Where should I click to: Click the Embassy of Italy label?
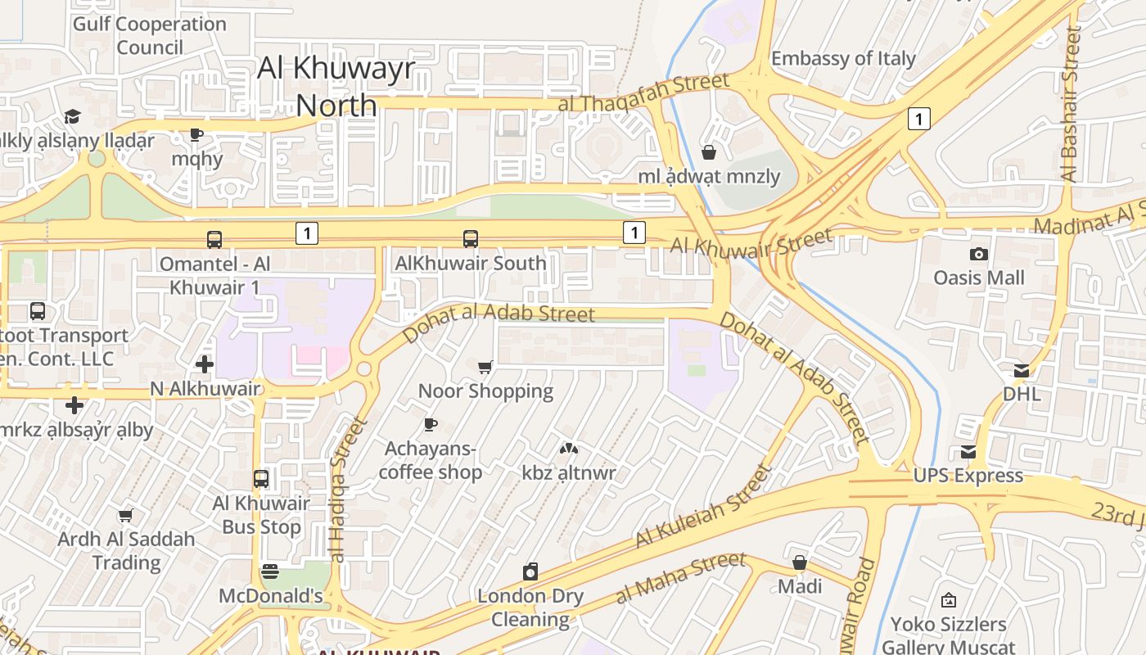[x=843, y=59]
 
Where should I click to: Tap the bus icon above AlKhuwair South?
[x=471, y=239]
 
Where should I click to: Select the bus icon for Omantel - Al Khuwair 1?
[x=214, y=240]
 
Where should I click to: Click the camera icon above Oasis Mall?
[x=978, y=255]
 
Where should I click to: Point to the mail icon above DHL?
[x=1022, y=371]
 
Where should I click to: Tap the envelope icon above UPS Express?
[x=968, y=452]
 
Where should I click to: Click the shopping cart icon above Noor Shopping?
[x=485, y=368]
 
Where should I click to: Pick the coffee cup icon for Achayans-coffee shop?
[x=431, y=424]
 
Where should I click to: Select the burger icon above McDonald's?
[x=270, y=571]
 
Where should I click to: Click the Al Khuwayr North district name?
[x=336, y=86]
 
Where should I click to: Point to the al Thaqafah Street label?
[x=643, y=93]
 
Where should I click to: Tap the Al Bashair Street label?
[x=1071, y=104]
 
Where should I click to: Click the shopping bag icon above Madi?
[x=800, y=563]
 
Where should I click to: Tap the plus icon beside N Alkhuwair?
[x=205, y=364]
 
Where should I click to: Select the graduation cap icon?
[x=73, y=116]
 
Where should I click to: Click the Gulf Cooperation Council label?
[x=150, y=35]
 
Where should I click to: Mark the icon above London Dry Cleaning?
[x=530, y=571]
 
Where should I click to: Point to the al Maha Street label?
[x=680, y=577]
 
